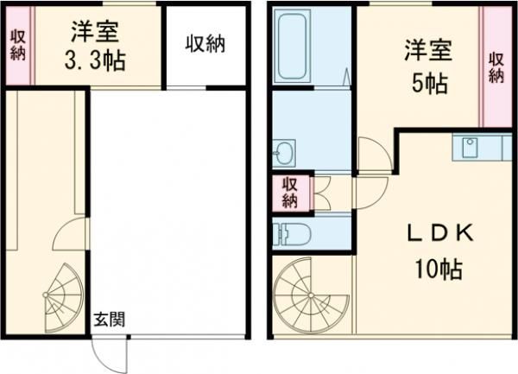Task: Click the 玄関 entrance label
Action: [109, 319]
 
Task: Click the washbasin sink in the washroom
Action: [284, 155]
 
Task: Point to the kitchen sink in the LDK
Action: [470, 148]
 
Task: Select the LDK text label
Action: [437, 233]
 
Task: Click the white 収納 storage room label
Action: [205, 45]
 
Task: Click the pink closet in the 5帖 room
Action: [496, 67]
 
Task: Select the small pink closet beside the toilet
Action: [287, 193]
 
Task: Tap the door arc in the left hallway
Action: [69, 233]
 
